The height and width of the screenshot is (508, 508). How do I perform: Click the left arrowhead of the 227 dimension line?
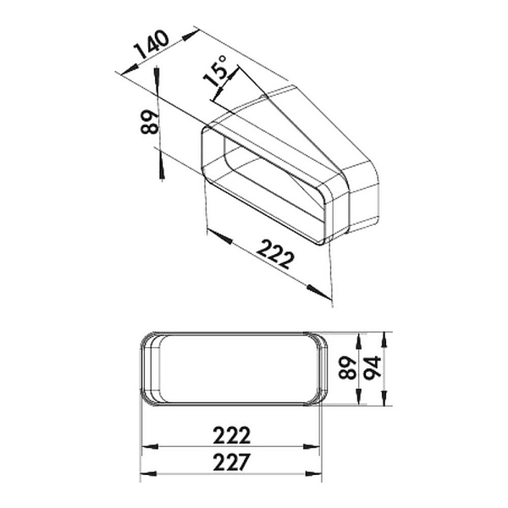coord(146,474)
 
